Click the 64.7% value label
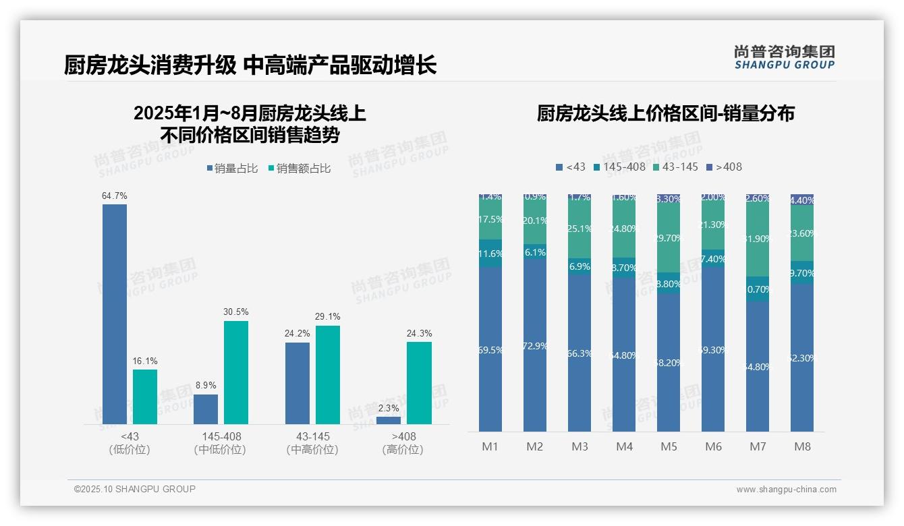point(115,196)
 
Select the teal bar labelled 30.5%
point(236,372)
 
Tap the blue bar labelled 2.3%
point(389,420)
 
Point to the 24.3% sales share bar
point(419,382)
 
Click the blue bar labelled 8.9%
point(206,409)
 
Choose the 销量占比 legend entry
point(232,169)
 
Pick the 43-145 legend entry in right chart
point(677,167)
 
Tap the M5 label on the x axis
point(669,446)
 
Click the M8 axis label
point(802,446)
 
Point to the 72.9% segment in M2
point(535,346)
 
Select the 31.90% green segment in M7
point(758,238)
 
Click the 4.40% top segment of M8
point(802,200)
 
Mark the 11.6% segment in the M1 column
point(490,254)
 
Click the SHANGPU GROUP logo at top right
point(784,57)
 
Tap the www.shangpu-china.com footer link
point(786,490)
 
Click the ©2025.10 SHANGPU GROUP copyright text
point(135,489)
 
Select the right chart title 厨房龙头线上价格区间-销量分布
point(665,113)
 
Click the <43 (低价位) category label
point(129,443)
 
